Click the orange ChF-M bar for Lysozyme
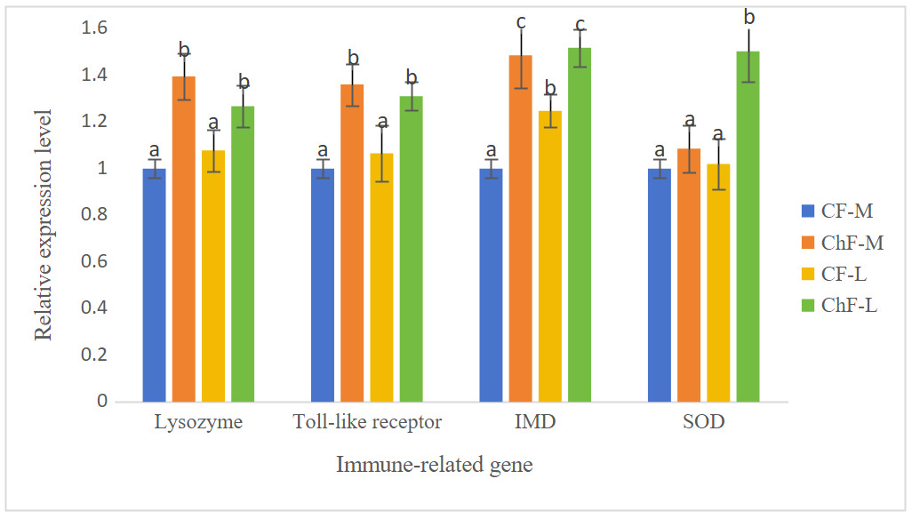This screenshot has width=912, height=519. click(184, 240)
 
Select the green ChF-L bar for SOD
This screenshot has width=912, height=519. click(748, 227)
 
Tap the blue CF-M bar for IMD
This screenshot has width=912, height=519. click(491, 284)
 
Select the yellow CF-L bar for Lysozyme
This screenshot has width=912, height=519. click(213, 275)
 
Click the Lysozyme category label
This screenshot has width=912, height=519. click(198, 423)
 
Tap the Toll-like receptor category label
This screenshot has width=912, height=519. click(367, 423)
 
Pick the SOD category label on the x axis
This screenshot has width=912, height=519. click(703, 423)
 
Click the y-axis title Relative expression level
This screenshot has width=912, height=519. click(44, 224)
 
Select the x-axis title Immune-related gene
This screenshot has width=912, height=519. click(435, 465)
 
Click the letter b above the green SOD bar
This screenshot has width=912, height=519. click(748, 18)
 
